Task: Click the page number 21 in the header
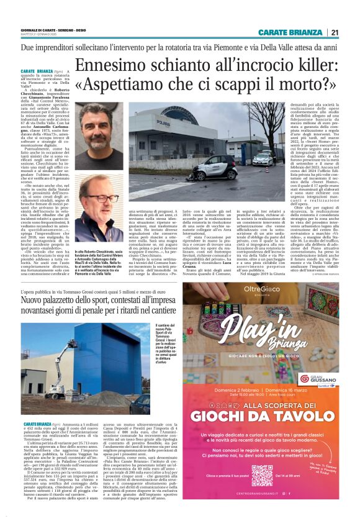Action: [334, 33]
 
